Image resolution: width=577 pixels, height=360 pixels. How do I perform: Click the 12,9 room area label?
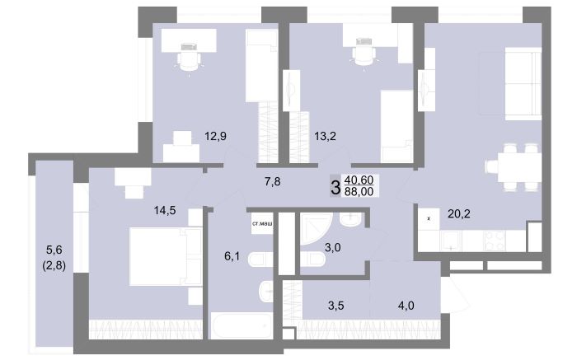(216, 137)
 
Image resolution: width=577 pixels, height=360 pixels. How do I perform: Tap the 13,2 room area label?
(325, 137)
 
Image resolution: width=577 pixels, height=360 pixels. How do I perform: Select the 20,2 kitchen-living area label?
(459, 213)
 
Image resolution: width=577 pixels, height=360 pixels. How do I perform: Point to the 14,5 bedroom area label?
(165, 210)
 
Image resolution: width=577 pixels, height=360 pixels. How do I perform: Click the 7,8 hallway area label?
(272, 181)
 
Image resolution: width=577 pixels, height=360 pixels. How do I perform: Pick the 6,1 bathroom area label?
(232, 256)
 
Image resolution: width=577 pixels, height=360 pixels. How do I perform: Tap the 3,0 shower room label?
(332, 247)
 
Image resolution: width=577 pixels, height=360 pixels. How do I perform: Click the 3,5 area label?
(336, 305)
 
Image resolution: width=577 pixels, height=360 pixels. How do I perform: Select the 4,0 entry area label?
(406, 305)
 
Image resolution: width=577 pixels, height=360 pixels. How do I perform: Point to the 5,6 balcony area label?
(54, 250)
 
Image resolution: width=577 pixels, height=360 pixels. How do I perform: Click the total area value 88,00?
(359, 191)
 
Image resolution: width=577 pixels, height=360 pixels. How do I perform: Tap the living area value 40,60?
(359, 180)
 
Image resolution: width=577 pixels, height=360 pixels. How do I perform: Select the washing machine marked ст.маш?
(262, 223)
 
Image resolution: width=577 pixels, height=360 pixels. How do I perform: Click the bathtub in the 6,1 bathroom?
(242, 325)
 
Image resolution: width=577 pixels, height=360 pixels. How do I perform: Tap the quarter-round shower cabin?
(316, 228)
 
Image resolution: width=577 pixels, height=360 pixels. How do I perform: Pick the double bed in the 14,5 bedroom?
(166, 256)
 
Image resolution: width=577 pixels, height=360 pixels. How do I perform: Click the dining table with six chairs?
(514, 167)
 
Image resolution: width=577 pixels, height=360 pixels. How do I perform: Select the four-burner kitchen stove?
(495, 241)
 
